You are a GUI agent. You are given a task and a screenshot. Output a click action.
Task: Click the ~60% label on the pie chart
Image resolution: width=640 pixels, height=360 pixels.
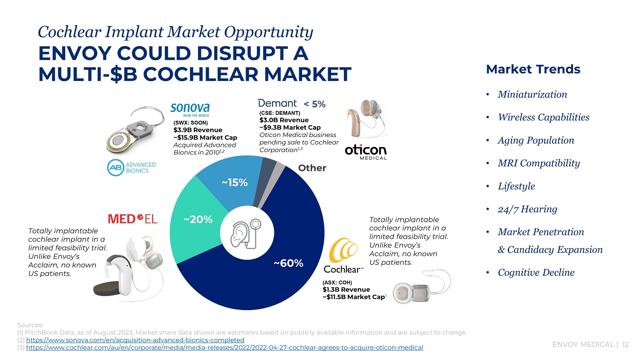(288, 263)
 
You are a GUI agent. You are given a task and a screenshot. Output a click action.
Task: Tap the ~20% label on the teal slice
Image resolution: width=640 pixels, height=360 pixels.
(198, 219)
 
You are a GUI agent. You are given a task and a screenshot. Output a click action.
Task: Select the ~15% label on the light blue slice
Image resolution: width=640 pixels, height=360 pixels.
(235, 183)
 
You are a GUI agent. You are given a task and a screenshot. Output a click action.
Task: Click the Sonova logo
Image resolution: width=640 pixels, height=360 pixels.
(190, 109)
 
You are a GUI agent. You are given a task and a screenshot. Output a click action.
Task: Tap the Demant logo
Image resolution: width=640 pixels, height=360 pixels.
(277, 103)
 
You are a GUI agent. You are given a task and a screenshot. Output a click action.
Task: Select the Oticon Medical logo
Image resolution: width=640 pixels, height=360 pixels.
(366, 152)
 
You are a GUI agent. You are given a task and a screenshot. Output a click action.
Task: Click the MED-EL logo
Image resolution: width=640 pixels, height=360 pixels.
(133, 219)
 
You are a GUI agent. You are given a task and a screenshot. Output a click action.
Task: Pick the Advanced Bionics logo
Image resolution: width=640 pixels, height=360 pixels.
(131, 168)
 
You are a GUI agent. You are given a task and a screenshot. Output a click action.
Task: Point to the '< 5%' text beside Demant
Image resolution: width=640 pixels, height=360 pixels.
(315, 104)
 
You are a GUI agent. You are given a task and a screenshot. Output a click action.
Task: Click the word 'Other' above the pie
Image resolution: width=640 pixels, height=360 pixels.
(312, 168)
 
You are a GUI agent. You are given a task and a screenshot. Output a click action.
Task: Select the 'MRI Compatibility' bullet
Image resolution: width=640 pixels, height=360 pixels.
(538, 163)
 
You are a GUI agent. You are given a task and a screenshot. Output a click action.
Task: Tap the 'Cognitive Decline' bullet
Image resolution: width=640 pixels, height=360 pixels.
(536, 272)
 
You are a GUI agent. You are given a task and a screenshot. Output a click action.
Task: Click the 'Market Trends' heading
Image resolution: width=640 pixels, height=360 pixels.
(533, 69)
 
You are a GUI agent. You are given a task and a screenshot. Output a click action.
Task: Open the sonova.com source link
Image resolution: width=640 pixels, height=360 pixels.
(135, 340)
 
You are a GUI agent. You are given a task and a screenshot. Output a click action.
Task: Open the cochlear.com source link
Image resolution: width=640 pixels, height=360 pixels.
(224, 348)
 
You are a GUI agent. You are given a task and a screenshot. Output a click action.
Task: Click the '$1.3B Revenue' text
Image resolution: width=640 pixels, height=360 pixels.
(346, 290)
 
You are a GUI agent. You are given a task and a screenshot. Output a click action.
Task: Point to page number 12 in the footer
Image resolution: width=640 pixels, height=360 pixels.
(625, 345)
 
